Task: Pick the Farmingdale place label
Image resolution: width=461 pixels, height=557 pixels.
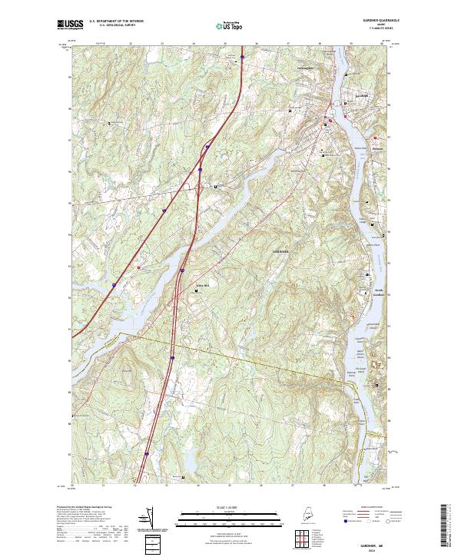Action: [x=306, y=68]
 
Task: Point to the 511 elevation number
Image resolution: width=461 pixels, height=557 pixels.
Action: [x=295, y=285]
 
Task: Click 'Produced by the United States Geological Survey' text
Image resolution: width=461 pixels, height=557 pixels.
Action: [x=83, y=507]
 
